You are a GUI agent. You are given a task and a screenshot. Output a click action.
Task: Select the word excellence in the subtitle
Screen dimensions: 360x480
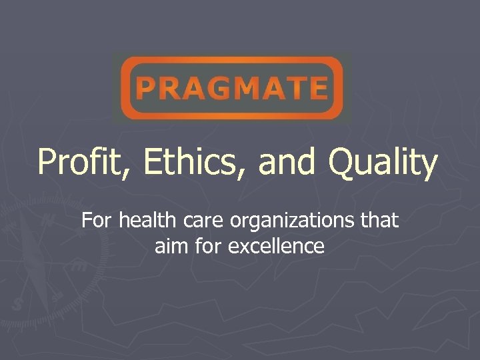click(276, 247)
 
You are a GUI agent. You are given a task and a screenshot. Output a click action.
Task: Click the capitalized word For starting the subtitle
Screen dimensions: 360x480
click(97, 220)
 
